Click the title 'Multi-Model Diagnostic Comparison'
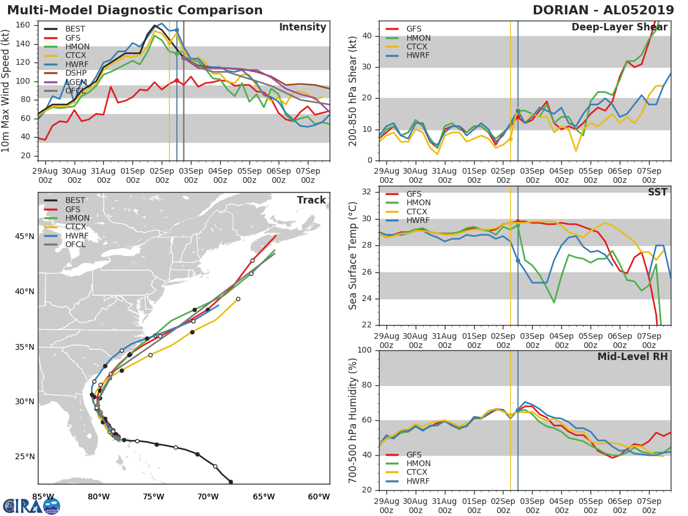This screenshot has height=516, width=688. click(x=135, y=10)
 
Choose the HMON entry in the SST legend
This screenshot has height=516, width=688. click(x=419, y=203)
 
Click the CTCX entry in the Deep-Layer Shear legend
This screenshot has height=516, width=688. click(x=418, y=47)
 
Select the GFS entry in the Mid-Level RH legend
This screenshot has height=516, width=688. click(x=418, y=455)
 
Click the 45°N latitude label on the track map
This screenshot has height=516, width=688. click(x=24, y=237)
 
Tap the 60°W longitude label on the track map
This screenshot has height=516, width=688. click(x=319, y=497)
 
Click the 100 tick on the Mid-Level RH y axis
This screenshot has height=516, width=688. click(x=365, y=350)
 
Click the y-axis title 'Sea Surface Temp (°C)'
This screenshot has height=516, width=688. click(x=353, y=256)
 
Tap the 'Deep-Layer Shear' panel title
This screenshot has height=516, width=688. click(x=619, y=28)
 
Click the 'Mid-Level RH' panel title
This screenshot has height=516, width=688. click(x=632, y=357)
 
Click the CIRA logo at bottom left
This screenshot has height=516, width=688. click(x=32, y=506)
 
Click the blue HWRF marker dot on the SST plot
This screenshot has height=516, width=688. click(x=518, y=260)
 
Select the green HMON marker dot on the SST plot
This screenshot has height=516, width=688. click(x=518, y=226)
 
